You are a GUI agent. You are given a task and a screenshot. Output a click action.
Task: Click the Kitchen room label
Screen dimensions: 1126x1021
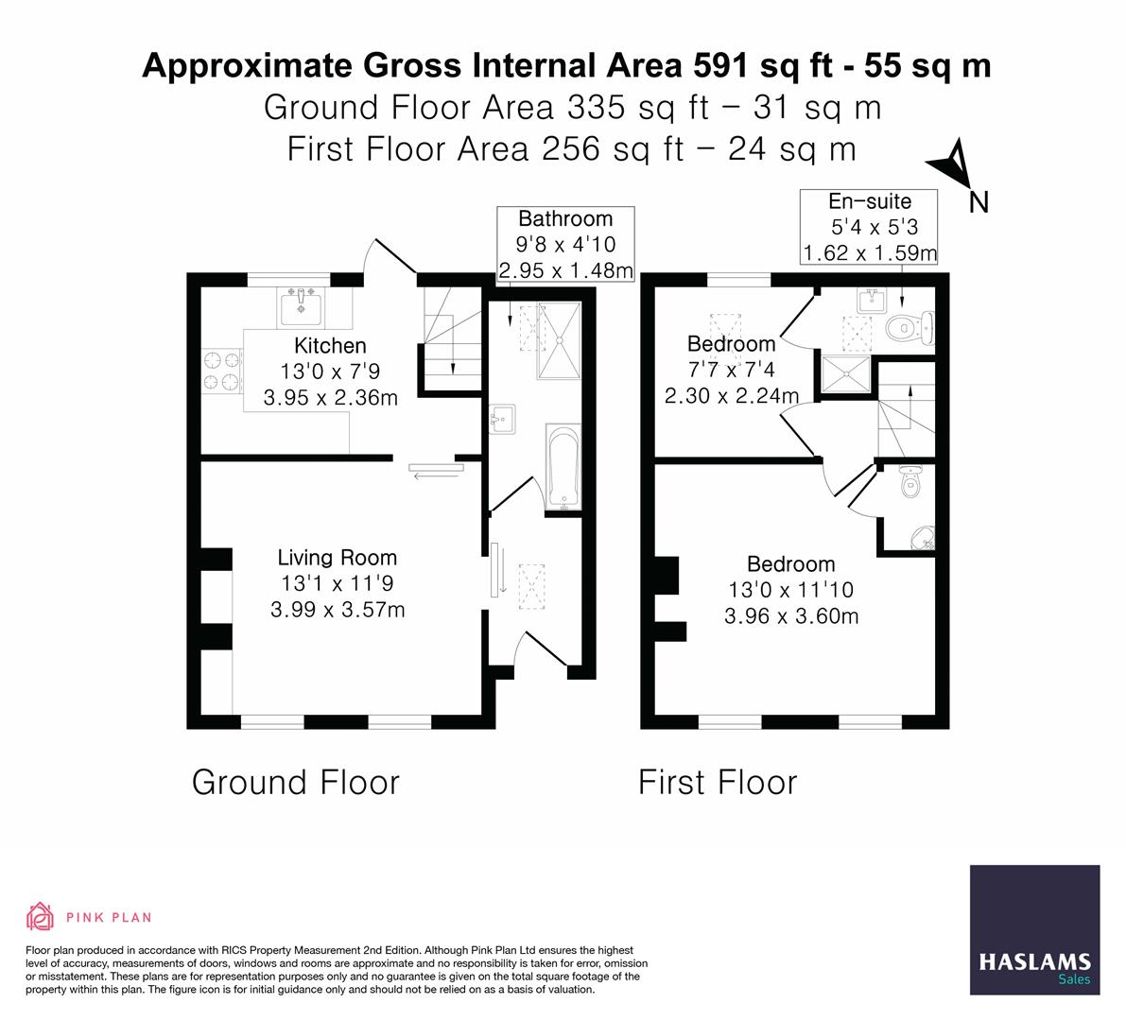point(330,345)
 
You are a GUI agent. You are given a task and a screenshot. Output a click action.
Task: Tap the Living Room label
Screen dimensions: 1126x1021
point(338,558)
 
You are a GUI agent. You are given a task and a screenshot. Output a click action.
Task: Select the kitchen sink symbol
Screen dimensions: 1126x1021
point(301,306)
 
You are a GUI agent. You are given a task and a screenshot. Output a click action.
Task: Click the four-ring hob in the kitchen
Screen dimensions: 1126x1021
point(221,371)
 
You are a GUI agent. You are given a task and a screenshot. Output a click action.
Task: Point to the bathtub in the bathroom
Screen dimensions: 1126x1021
point(563,467)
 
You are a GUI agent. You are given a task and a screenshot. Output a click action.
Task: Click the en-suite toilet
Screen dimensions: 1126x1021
point(909,328)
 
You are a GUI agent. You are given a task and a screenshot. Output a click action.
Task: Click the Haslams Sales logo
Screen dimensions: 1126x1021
point(1035,929)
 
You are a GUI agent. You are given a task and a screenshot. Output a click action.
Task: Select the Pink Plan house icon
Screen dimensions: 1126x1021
point(41,916)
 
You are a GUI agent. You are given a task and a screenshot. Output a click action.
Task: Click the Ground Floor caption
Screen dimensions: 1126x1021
point(295,782)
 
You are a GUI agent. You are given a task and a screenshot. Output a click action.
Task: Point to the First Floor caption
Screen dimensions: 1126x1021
point(718,782)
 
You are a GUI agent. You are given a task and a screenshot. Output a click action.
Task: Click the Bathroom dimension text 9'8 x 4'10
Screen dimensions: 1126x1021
point(566,244)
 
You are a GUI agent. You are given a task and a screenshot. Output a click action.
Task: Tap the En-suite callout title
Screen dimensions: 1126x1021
point(870,201)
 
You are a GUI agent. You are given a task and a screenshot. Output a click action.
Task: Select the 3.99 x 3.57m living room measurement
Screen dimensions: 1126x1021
point(338,610)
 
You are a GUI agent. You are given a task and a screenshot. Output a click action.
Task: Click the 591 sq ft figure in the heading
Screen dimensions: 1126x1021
point(763,65)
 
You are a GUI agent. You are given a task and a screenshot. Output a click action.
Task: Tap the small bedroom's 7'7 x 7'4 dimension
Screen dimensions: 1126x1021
point(731,370)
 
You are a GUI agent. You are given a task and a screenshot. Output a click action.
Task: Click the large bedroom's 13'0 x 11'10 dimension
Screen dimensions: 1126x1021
point(791,590)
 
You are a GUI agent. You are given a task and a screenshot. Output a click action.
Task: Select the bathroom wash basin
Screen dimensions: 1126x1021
point(502,419)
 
